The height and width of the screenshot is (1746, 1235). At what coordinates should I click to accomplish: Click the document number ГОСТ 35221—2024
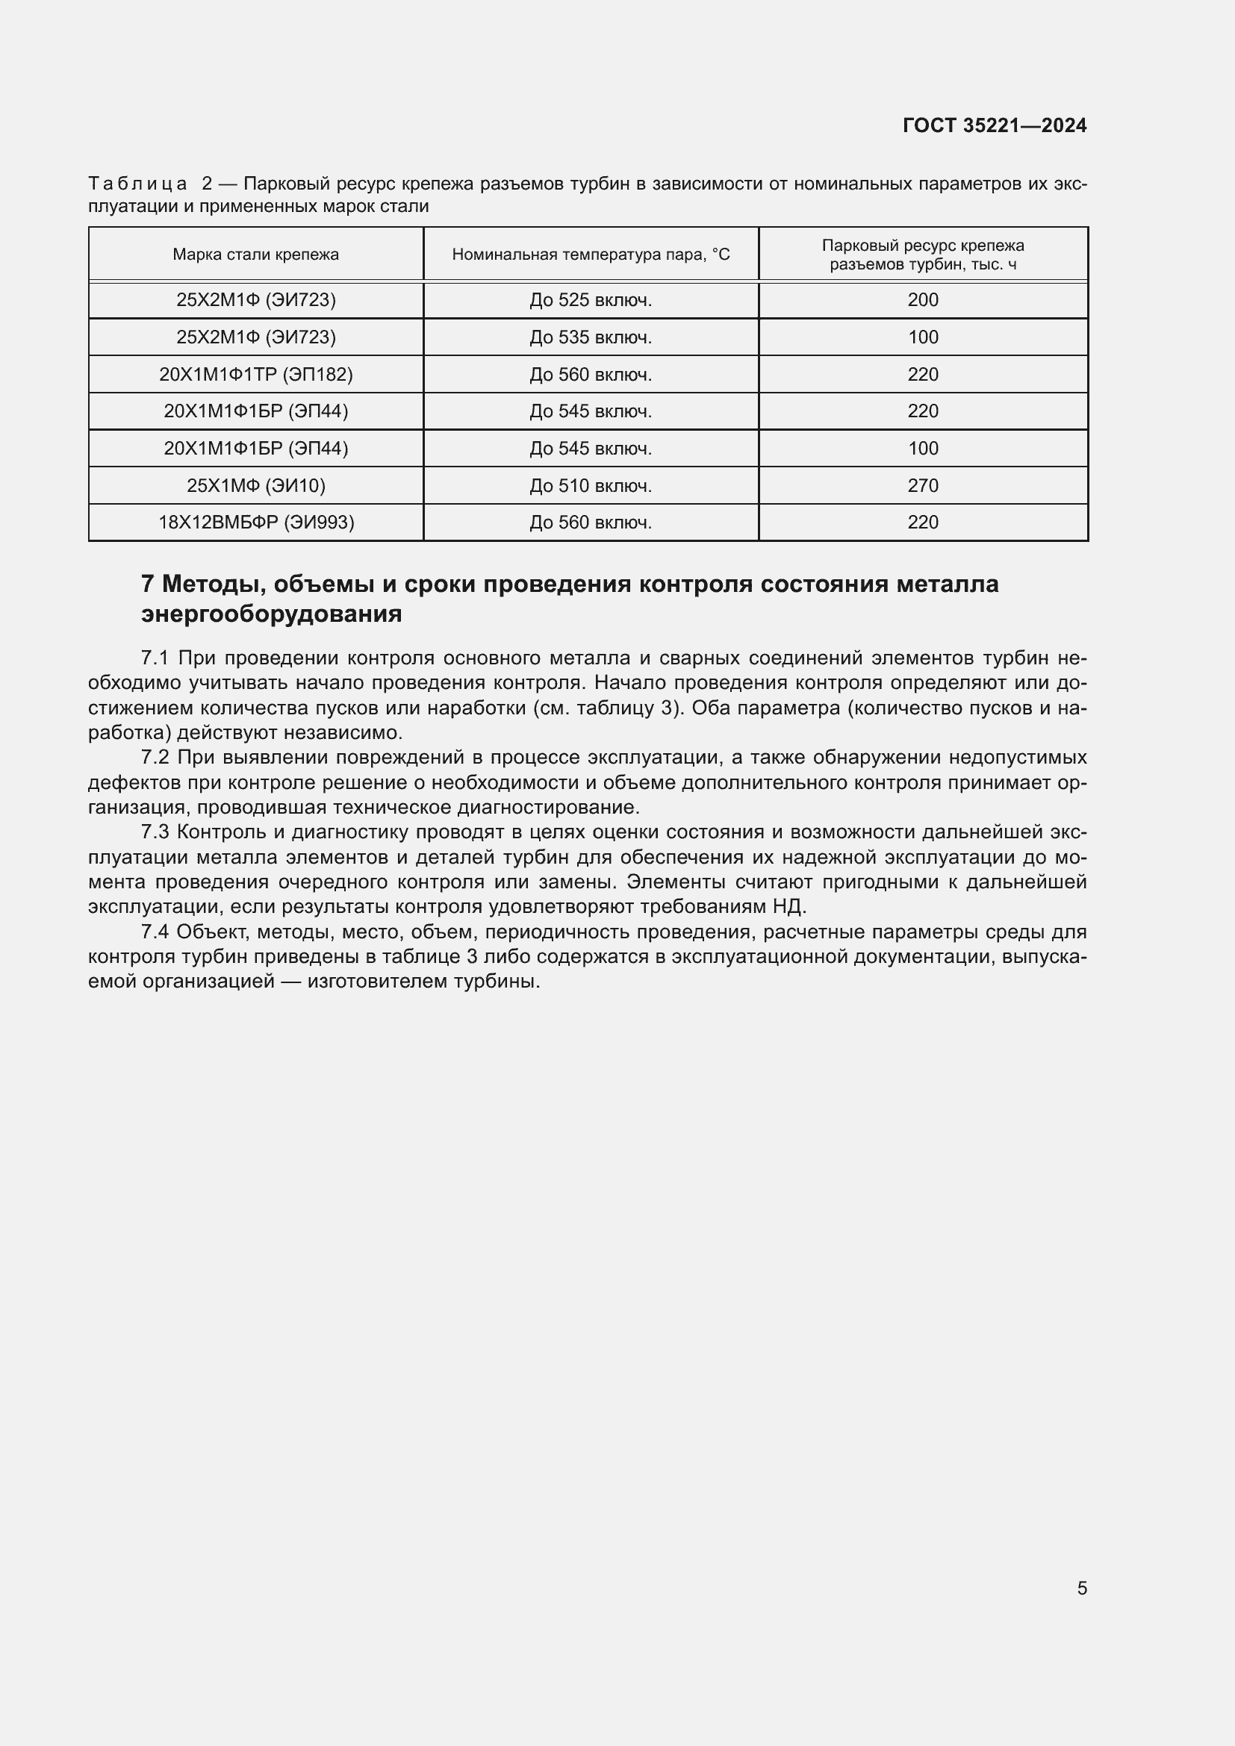click(x=994, y=125)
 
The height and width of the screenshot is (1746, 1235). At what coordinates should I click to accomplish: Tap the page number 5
click(x=1081, y=1588)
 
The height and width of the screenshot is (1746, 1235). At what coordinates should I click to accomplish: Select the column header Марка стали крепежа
click(x=255, y=255)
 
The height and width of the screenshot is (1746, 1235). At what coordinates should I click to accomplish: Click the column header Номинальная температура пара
click(x=590, y=255)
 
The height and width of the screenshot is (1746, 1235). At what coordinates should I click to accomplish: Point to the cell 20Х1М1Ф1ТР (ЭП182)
click(x=255, y=374)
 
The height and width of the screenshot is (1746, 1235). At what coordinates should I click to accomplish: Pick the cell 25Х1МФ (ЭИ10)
click(x=255, y=485)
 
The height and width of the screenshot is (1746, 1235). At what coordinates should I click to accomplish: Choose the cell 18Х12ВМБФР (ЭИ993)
click(x=255, y=523)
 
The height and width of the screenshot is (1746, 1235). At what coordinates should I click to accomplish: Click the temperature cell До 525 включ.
click(x=590, y=300)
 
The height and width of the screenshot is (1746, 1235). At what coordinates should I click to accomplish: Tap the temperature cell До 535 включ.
click(x=590, y=337)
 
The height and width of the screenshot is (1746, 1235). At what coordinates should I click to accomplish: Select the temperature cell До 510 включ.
click(x=590, y=485)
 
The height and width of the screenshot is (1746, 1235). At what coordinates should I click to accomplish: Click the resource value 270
click(x=922, y=485)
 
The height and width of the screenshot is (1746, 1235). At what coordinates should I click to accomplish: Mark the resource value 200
click(x=922, y=300)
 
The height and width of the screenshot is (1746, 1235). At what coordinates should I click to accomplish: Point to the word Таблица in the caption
click(x=137, y=184)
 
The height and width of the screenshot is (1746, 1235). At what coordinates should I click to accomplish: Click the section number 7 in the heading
click(x=148, y=584)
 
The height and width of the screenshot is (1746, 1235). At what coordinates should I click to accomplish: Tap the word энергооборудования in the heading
click(x=272, y=614)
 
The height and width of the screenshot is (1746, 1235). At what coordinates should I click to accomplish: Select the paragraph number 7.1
click(x=155, y=658)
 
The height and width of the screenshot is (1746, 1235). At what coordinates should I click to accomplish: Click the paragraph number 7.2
click(x=155, y=758)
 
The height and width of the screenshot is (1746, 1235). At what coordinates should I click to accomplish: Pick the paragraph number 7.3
click(x=155, y=832)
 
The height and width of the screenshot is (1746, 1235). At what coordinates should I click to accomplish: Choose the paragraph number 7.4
click(x=155, y=932)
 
